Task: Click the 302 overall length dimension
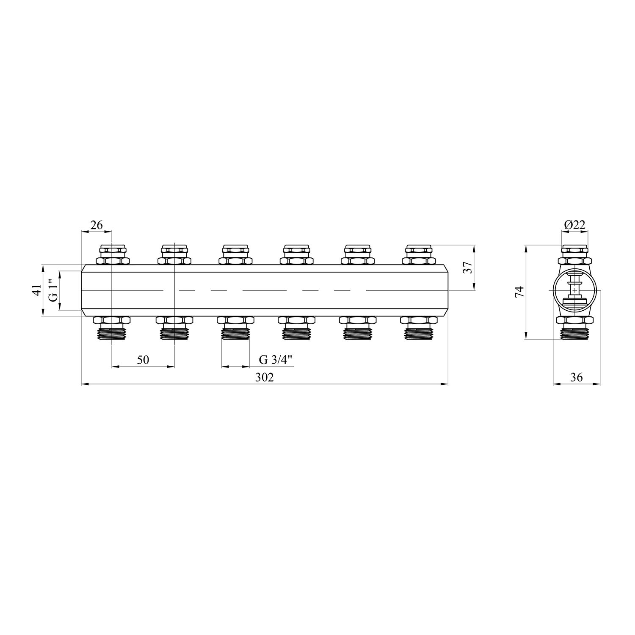click(264, 377)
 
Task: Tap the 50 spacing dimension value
click(143, 360)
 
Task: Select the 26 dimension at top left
click(97, 225)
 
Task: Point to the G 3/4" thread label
click(276, 360)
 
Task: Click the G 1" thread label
click(53, 290)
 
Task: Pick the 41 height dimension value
click(37, 290)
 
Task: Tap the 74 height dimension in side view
click(519, 292)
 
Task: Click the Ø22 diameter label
click(574, 225)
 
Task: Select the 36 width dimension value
click(577, 377)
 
